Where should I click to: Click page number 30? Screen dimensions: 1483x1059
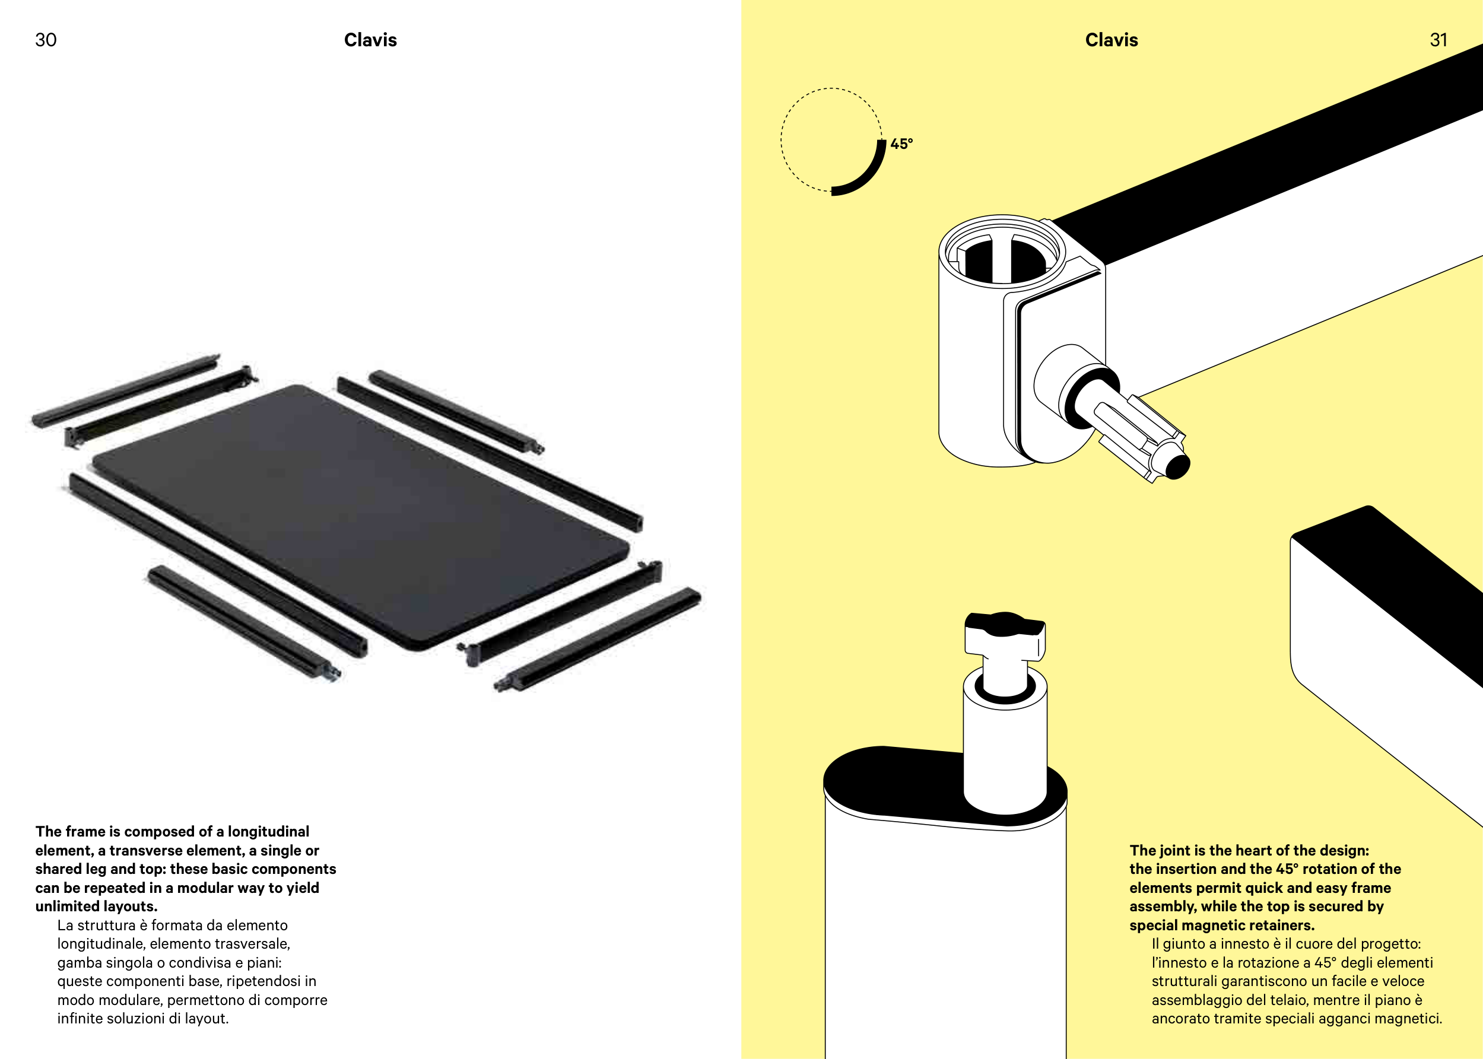click(46, 40)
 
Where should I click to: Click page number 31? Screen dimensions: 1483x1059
click(1438, 40)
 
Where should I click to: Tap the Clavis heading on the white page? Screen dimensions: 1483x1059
click(370, 40)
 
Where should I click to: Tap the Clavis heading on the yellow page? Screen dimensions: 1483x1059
click(1112, 40)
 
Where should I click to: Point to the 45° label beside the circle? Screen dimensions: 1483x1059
click(901, 144)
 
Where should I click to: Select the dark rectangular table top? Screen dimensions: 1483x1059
click(361, 517)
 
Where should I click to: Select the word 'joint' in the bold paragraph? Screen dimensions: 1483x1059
click(1173, 850)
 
